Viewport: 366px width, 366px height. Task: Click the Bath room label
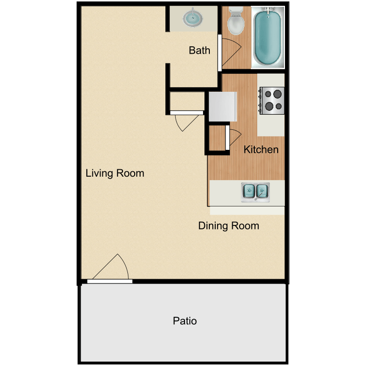(199, 50)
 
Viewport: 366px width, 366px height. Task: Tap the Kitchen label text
(261, 150)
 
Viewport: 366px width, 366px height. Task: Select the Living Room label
(115, 173)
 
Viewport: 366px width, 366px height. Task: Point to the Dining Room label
(228, 226)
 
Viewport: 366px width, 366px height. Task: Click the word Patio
(184, 321)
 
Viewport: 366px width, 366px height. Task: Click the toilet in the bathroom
(236, 21)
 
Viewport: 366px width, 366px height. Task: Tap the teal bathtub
(268, 38)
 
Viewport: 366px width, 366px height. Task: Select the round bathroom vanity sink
(193, 18)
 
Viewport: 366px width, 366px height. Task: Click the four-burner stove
(272, 101)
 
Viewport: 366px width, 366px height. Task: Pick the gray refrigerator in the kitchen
(223, 106)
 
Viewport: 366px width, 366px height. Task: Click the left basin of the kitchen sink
(249, 191)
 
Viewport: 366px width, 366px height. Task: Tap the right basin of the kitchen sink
(262, 191)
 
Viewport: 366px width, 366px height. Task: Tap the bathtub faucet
(268, 10)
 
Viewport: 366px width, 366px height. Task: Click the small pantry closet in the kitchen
(217, 138)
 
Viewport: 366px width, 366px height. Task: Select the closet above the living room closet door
(187, 101)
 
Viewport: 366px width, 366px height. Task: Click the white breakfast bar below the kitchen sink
(247, 210)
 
